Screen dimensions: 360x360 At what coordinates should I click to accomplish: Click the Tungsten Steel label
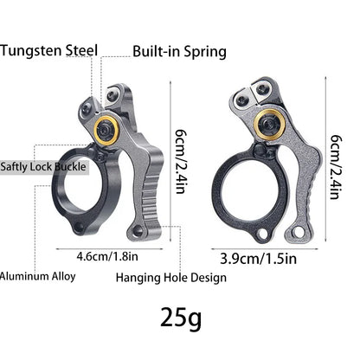(x=48, y=51)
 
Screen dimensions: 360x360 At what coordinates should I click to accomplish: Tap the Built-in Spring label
(x=179, y=51)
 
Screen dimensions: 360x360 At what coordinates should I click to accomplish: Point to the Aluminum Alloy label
(x=37, y=277)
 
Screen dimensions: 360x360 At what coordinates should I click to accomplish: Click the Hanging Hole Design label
(x=171, y=278)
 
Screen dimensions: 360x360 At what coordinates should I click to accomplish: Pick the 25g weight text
(x=181, y=318)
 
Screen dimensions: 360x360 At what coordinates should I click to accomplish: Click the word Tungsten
(x=30, y=51)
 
